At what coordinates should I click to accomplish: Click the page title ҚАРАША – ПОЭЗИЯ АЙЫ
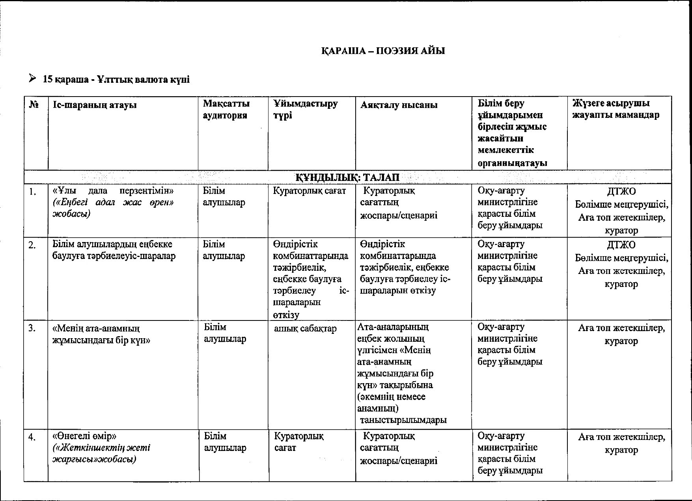tap(383, 51)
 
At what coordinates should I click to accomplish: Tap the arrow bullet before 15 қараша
tap(33, 78)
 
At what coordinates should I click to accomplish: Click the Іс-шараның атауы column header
tap(94, 105)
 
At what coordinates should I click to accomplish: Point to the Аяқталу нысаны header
tap(399, 105)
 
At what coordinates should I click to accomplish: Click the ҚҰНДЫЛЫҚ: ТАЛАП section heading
tap(347, 177)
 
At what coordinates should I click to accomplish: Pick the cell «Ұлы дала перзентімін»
tap(113, 191)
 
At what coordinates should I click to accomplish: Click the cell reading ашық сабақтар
tap(305, 329)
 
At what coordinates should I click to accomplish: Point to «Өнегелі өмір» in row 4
tap(84, 436)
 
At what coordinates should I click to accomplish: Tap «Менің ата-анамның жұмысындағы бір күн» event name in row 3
tap(101, 334)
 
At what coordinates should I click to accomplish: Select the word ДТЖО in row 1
tap(621, 192)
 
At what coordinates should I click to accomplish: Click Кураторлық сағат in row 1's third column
tap(309, 191)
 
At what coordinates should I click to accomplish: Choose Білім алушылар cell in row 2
tap(224, 250)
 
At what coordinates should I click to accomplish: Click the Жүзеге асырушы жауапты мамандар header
tap(616, 109)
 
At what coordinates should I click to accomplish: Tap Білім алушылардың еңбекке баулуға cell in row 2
tap(114, 250)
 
